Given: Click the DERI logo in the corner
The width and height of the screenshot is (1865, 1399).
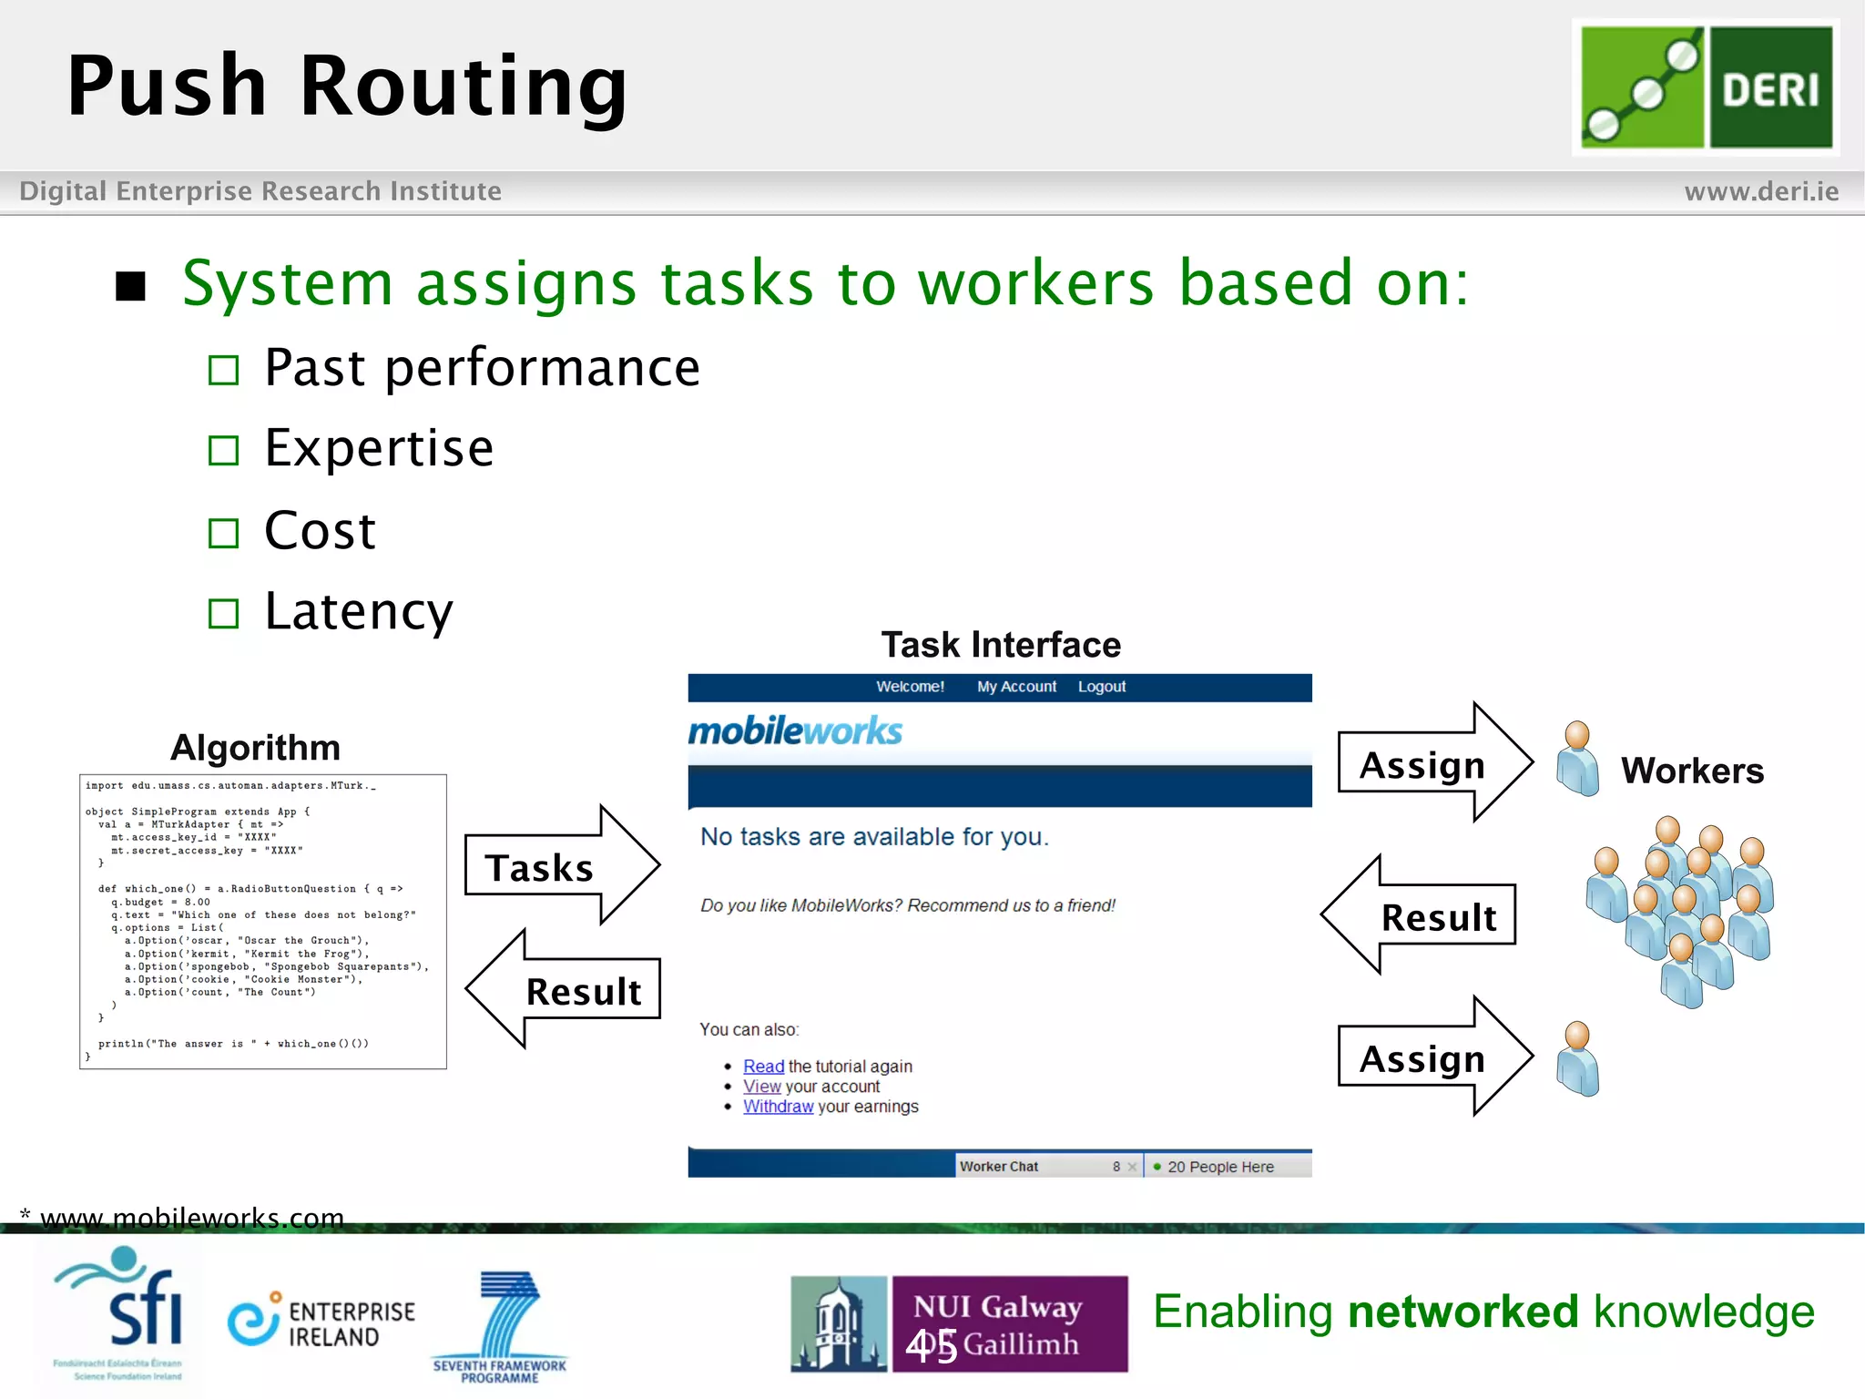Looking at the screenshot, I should pos(1706,87).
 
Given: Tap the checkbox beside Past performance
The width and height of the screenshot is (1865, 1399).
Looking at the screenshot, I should pos(223,371).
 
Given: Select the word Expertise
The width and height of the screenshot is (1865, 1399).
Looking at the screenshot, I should pos(379,448).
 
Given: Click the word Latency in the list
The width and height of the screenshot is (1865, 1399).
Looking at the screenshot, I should pos(358,611).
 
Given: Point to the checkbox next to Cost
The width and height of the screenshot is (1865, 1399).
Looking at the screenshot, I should pos(223,533).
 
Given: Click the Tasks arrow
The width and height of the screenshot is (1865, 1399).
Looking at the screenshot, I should pos(559,866).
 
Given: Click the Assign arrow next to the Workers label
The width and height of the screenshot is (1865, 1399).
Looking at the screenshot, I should pos(1433,764).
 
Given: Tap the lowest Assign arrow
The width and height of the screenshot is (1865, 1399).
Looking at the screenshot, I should pos(1433,1057).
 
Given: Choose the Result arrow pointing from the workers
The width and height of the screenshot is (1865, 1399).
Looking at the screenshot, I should pos(1421,916).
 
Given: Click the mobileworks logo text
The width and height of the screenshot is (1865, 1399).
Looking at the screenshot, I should pos(795,731).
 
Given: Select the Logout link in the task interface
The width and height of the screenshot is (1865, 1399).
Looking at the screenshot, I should pos(1101,687).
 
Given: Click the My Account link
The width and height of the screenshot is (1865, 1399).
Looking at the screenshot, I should pos(1016,687).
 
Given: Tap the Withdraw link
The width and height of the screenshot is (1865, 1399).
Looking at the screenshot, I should pos(778,1107).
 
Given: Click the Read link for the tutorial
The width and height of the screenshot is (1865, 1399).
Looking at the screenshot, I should pos(763,1067).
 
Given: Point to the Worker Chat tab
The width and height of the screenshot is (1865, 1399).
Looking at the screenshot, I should pos(1000,1167).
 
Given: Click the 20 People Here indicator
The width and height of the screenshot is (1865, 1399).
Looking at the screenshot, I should pos(1219,1167).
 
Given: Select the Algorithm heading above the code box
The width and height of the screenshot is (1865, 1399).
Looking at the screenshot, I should pos(255,748).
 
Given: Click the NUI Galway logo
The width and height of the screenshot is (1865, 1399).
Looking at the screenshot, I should pos(960,1324).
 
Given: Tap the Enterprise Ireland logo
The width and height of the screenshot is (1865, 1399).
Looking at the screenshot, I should pos(321,1322).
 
